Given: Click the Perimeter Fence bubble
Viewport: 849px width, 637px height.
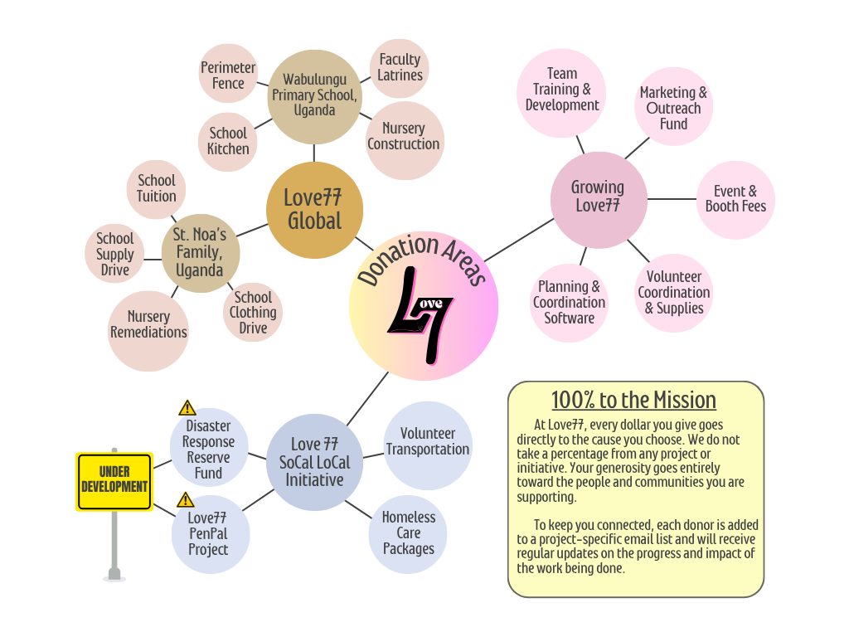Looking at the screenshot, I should point(228,75).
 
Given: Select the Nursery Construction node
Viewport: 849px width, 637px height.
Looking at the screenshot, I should point(404,137).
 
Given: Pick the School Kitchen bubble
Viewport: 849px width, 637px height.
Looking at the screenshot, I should point(228,141).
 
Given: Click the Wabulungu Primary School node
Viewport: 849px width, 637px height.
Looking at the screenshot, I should point(315,95).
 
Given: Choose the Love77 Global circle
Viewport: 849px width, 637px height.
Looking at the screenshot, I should point(314,209).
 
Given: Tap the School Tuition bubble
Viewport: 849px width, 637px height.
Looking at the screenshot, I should point(157,188).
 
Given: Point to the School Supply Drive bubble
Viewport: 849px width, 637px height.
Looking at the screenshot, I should point(114,254).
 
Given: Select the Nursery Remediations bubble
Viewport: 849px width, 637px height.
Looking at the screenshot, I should point(149,324).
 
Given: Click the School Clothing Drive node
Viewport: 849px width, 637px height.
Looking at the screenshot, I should point(253,313).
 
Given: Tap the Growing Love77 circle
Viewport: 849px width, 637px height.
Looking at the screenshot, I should point(598,197).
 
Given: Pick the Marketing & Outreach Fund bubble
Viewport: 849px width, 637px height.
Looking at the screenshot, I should point(673,108).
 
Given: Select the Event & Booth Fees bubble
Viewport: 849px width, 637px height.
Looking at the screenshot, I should point(735,199).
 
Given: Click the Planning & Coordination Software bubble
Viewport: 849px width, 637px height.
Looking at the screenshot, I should point(570,303).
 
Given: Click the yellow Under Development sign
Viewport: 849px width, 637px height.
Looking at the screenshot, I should point(114,480).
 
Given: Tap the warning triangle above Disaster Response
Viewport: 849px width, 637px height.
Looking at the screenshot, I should point(187,408).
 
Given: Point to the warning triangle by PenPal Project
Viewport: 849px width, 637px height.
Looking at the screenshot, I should point(186,499).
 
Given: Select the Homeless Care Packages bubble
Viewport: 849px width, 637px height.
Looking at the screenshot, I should point(408,532).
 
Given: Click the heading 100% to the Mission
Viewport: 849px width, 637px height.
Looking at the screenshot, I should point(634,401).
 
